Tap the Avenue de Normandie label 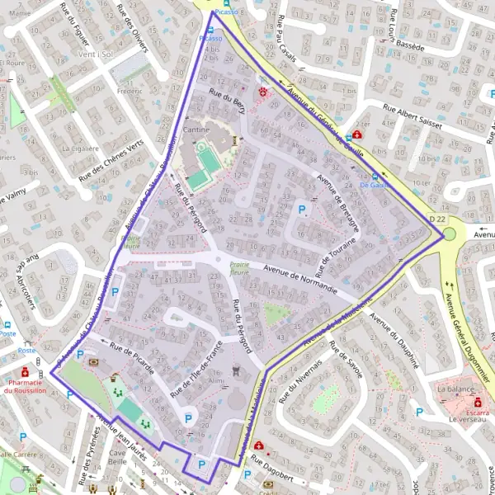(300, 280)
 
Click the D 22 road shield (437, 219)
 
